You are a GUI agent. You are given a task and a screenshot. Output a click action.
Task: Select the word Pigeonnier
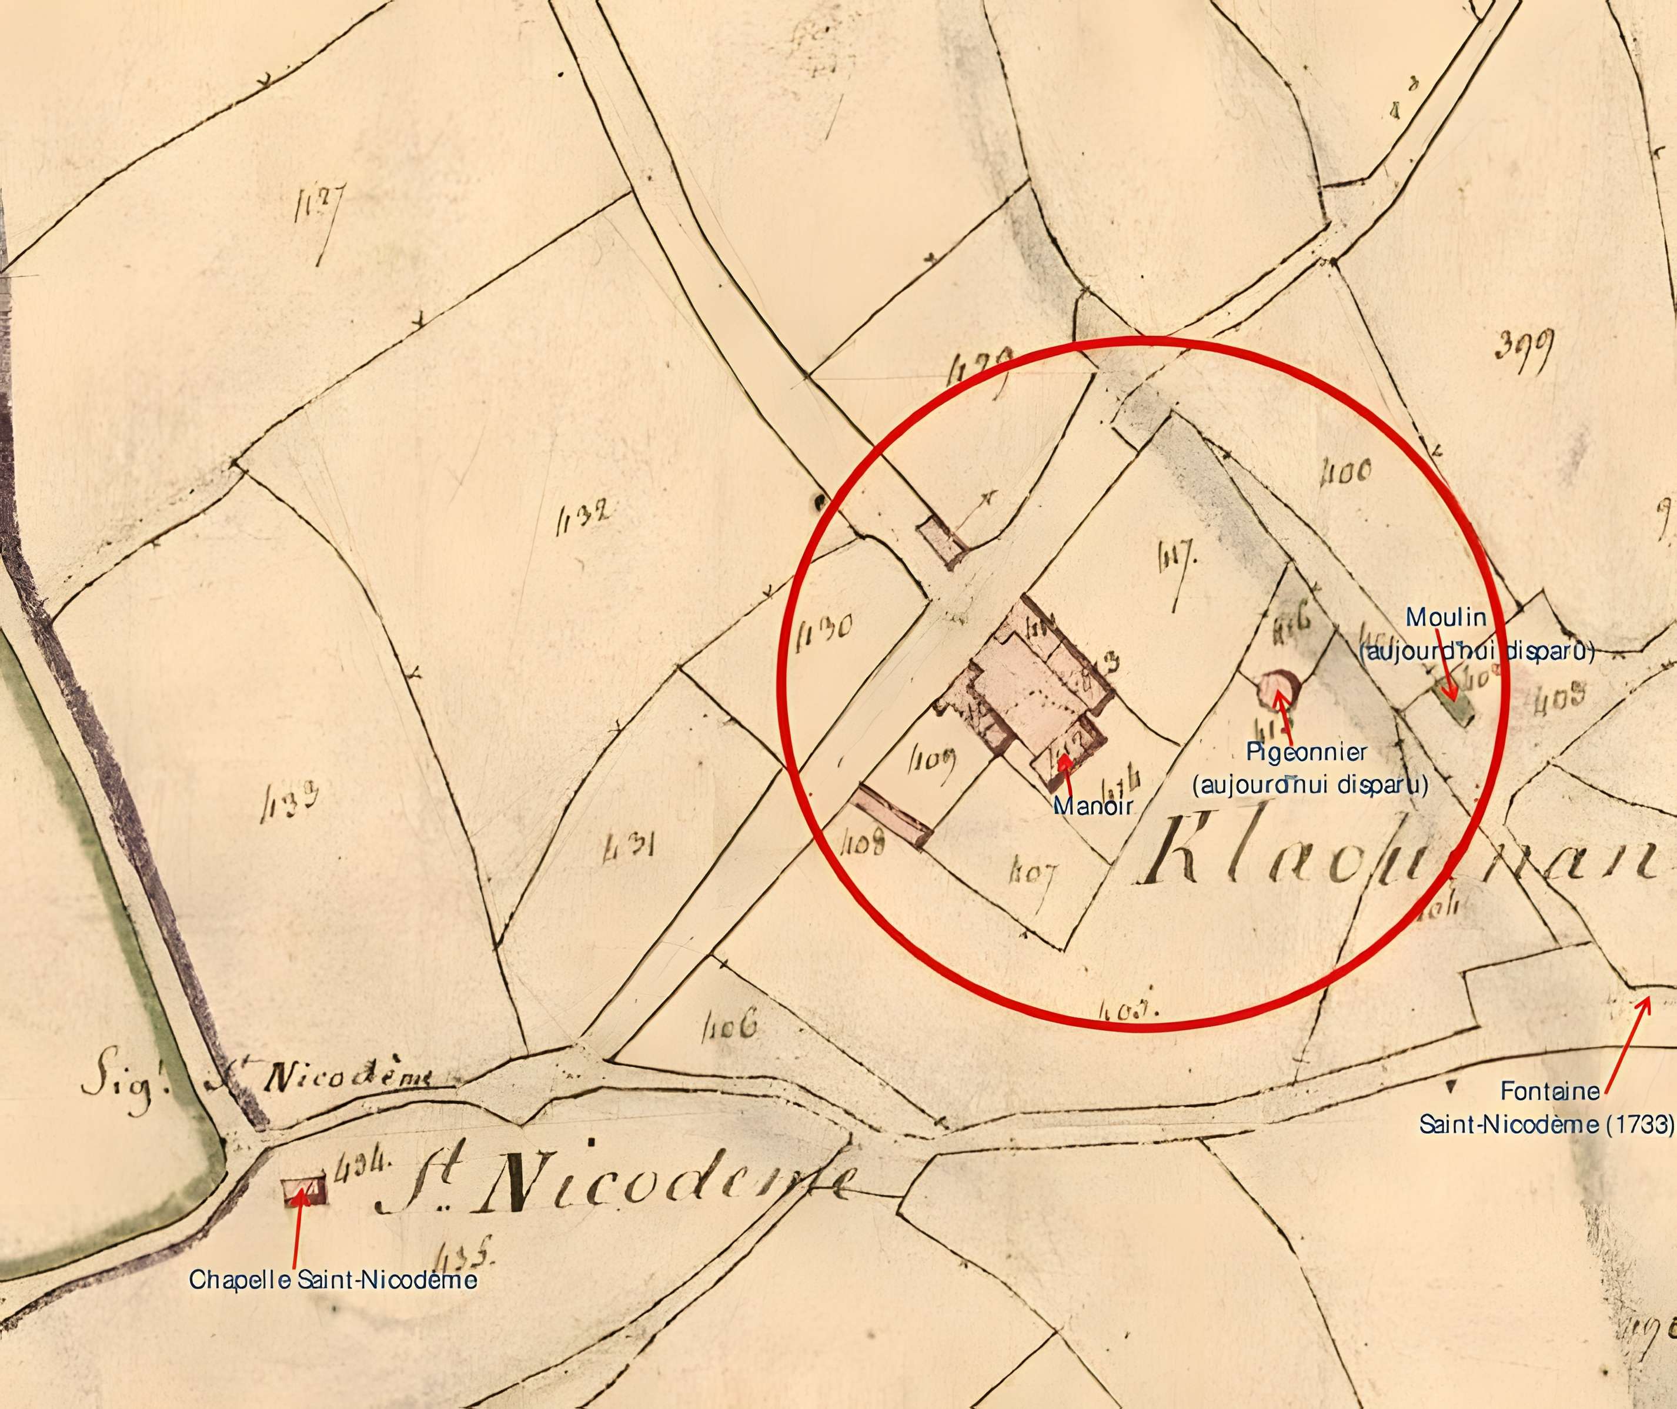point(1307,752)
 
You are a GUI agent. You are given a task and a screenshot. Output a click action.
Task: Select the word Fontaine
point(1550,1090)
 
